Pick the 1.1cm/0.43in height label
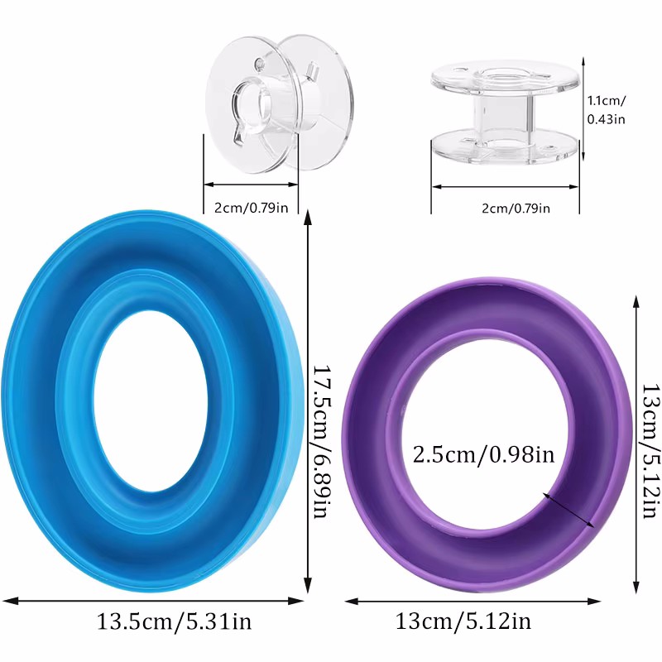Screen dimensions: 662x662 tap(606, 109)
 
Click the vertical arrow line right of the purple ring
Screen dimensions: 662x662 tap(636, 447)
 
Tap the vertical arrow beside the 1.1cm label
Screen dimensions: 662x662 tap(583, 109)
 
